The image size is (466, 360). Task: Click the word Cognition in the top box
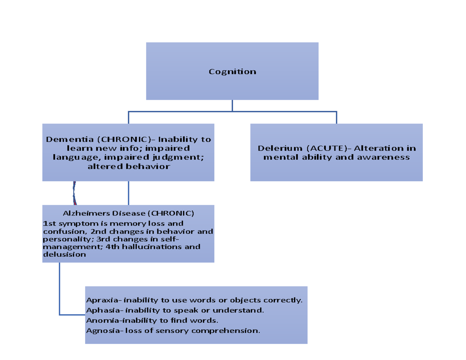pyautogui.click(x=232, y=71)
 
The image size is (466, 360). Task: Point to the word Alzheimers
pyautogui.click(x=87, y=213)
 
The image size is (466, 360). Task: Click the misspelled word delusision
pyautogui.click(x=64, y=255)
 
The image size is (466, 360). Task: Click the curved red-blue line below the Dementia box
pyautogui.click(x=74, y=193)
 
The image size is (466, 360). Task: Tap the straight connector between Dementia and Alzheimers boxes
pyautogui.click(x=129, y=193)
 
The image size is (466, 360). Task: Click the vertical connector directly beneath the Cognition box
pyautogui.click(x=232, y=106)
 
